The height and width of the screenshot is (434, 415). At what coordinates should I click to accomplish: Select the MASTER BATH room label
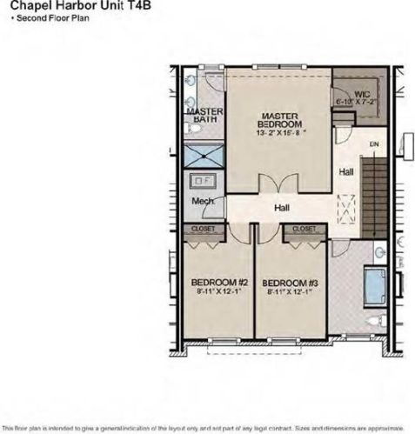pos(205,117)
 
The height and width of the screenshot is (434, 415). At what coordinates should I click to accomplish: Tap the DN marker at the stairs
pos(373,144)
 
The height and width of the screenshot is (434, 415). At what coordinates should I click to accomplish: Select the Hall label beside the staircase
pos(346,172)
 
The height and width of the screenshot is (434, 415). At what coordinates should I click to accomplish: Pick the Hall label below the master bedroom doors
pos(281,208)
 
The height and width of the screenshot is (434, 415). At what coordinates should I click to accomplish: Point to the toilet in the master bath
pos(196,128)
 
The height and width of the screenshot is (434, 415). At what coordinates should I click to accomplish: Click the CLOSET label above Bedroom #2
pos(204,228)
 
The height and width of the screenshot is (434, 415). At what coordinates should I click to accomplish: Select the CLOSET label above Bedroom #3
pos(304,228)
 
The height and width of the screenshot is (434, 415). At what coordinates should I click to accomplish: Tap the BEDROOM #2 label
pos(220,283)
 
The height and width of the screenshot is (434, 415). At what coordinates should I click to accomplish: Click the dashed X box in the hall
pos(347,209)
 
